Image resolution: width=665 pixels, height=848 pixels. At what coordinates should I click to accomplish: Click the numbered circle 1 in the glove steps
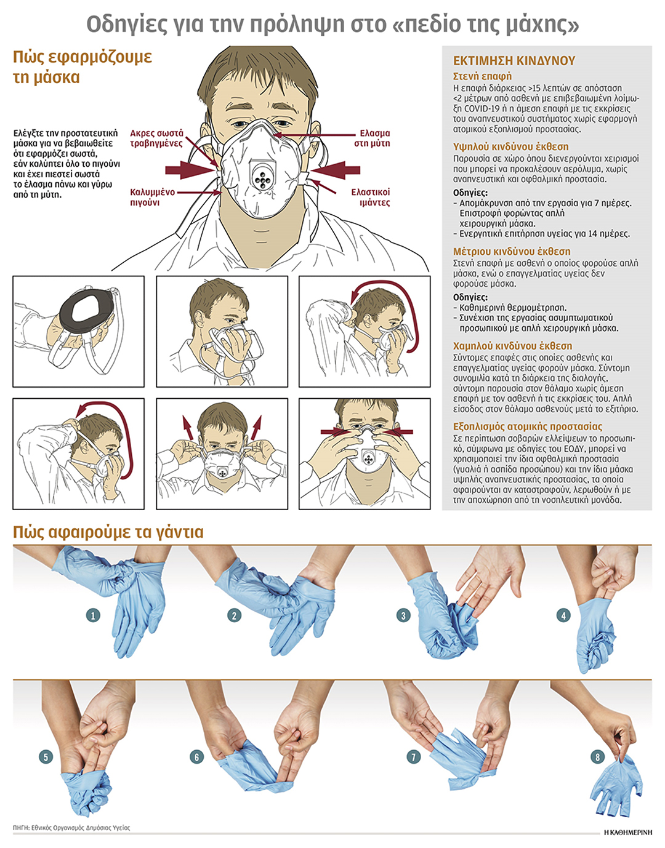pos(93,616)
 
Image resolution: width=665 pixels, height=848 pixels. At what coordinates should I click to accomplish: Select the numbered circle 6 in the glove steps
pos(197,758)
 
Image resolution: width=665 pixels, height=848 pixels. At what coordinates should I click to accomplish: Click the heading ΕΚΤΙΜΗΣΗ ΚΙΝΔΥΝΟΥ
pos(514,61)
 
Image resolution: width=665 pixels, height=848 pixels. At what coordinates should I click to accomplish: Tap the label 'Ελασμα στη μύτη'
pos(372,138)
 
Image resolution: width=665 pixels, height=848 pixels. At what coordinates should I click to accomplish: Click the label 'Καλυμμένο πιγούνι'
pos(152,198)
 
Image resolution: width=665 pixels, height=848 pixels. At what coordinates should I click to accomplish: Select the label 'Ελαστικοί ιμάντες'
pos(371,198)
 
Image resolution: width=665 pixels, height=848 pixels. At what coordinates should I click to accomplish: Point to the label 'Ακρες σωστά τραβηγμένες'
pos(156,138)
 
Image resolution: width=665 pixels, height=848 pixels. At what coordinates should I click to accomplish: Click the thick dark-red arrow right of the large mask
pos(336,170)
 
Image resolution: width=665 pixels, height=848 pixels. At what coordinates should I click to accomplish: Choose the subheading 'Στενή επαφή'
pos(482,76)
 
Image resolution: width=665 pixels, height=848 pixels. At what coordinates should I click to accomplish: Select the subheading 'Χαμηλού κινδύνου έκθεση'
pos(512,346)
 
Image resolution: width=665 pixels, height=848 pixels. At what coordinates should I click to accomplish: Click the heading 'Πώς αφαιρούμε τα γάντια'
pos(108,532)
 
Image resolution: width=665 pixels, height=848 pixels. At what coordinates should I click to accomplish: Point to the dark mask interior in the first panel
pos(86,309)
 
